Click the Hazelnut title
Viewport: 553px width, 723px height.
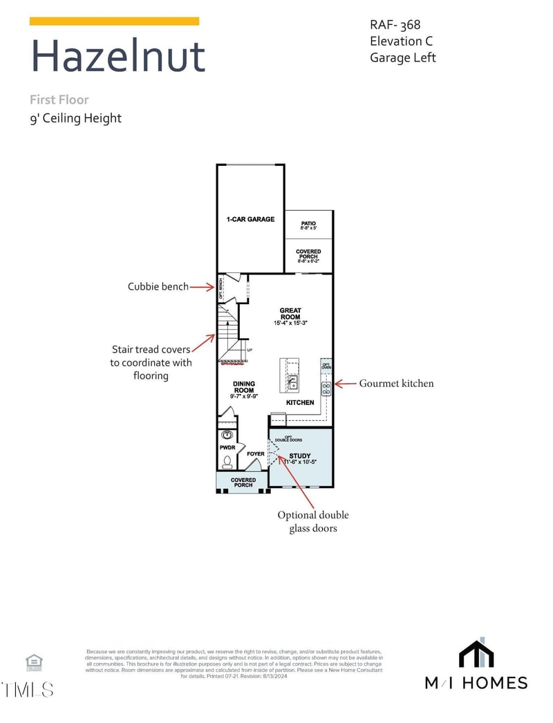118,57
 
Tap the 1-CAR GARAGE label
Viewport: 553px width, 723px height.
250,219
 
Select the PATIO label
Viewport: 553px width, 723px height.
308,223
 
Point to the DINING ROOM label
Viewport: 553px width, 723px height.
243,387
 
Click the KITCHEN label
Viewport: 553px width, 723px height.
300,402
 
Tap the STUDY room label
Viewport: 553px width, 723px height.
300,456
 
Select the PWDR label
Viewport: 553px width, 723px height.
227,448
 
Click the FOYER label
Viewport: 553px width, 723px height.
256,454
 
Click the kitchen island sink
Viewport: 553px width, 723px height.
292,382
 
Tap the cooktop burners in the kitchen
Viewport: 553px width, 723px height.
326,388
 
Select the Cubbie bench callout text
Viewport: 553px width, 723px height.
158,286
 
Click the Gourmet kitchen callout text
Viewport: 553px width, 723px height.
396,383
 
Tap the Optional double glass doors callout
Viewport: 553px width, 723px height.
313,521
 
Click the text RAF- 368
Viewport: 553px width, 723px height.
395,25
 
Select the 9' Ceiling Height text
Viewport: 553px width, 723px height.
75,118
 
